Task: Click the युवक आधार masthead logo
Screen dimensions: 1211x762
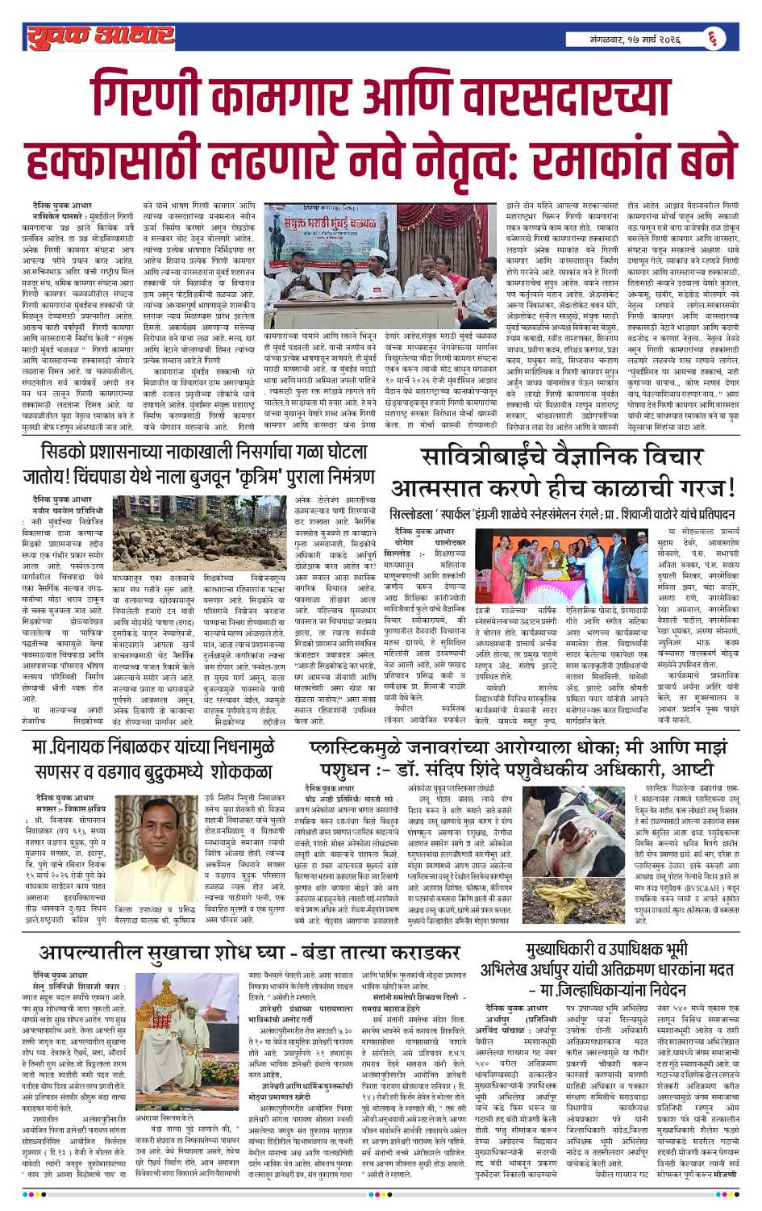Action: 100,35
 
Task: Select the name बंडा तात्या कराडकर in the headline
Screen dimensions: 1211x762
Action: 371,954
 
